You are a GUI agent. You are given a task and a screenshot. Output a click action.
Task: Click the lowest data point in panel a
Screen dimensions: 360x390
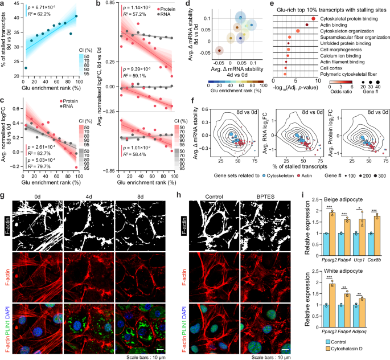26,68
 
